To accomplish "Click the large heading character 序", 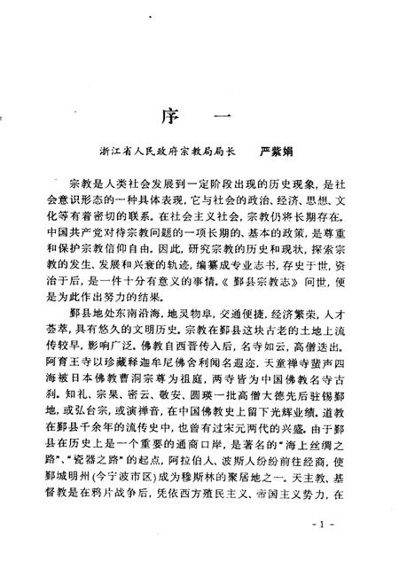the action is [169, 119].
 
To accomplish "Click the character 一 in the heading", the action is [224, 119].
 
